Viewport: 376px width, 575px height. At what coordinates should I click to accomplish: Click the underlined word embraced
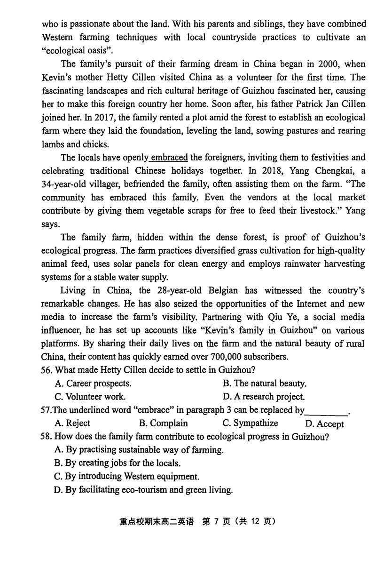(169, 158)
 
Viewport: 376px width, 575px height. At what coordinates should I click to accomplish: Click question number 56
(46, 370)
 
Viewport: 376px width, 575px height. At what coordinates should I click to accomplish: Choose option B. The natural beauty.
(265, 383)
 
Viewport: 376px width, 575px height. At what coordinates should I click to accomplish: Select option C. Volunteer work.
(90, 397)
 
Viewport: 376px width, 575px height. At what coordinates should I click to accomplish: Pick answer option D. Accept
(324, 424)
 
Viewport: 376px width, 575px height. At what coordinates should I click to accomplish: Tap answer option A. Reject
(72, 423)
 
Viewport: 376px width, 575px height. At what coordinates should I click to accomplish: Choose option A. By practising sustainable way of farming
(139, 450)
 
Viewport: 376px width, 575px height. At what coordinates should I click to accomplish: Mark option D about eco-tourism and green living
(143, 490)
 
